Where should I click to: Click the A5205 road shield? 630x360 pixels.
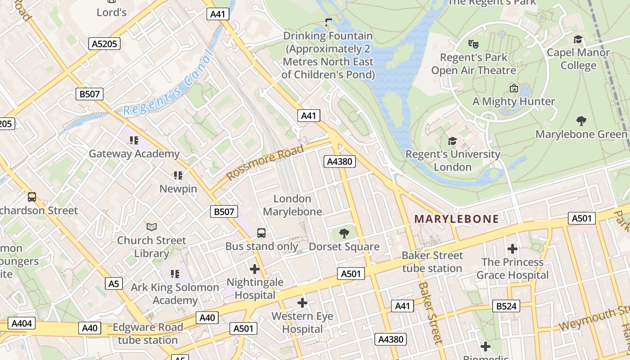(x=104, y=44)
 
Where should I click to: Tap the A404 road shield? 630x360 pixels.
(x=21, y=324)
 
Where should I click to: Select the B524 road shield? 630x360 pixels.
(x=506, y=306)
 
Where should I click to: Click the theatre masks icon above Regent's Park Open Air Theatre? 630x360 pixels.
(x=472, y=44)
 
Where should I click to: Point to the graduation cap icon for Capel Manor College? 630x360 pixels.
(x=578, y=40)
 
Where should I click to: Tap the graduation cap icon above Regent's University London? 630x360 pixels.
(x=452, y=141)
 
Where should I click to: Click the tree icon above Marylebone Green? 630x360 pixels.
(x=581, y=121)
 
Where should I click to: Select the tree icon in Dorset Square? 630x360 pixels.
(x=344, y=233)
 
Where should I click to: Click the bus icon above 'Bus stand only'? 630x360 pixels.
(x=261, y=233)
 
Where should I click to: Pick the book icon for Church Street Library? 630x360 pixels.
(x=152, y=227)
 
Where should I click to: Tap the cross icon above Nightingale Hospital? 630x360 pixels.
(x=255, y=269)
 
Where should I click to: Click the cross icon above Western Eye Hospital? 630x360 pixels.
(x=302, y=303)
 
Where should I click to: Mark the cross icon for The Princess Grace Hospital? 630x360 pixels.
(x=512, y=249)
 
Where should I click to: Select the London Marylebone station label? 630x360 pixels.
(x=292, y=205)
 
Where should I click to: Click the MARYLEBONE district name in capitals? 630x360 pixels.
(x=456, y=219)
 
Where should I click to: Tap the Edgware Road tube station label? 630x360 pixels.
(x=148, y=333)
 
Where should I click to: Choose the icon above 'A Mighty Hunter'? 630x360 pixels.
(x=513, y=88)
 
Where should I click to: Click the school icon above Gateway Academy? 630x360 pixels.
(x=134, y=140)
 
